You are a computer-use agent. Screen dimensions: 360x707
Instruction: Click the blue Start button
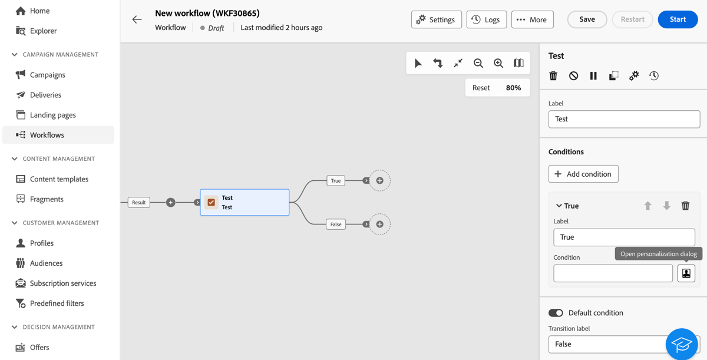678,19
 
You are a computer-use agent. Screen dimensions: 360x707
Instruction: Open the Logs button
486,19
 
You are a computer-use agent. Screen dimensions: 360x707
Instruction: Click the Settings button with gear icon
436,19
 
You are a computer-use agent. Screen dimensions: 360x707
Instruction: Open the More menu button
532,19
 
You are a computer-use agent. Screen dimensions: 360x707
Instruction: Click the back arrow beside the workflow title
137,19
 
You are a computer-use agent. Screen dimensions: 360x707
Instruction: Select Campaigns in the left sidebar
47,75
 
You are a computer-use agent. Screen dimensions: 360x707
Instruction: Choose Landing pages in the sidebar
52,115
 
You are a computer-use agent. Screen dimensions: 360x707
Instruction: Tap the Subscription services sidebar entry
62,283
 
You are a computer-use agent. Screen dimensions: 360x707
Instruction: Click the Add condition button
583,174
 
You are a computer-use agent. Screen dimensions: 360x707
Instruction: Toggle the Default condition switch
556,313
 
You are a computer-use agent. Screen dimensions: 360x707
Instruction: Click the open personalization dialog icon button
686,273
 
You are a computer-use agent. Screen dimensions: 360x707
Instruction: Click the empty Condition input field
613,273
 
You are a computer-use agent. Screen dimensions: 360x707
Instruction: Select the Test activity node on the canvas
245,202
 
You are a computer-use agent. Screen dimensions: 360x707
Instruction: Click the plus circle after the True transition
380,180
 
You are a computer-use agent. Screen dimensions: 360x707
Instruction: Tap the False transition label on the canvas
336,224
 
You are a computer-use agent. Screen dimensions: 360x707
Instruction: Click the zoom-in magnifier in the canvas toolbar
498,63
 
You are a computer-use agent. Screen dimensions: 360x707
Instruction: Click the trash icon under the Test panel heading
553,76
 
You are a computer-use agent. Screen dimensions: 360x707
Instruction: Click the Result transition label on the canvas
138,203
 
